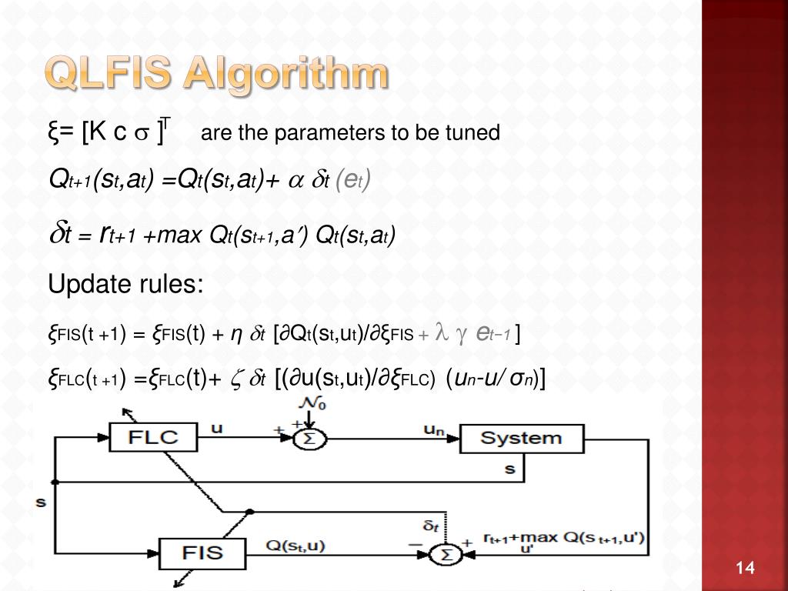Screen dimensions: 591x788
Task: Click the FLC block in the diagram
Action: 152,439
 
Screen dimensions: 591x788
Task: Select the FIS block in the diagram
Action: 203,552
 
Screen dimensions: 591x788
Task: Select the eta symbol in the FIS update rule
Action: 238,333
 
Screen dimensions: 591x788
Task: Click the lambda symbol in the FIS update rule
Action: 441,332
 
